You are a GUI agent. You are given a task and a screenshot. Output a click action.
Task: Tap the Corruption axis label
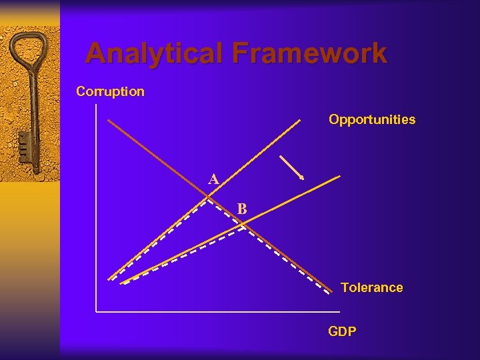point(110,91)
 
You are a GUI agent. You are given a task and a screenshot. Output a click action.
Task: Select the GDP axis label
point(342,331)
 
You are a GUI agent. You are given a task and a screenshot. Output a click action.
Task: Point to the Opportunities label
point(371,120)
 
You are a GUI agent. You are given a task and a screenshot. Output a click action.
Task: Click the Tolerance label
point(371,288)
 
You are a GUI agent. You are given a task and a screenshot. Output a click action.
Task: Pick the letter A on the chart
point(213,179)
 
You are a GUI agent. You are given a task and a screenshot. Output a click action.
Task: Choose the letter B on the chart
point(242,209)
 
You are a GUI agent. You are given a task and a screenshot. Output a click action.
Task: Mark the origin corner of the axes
point(97,311)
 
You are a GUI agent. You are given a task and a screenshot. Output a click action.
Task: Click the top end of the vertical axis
point(97,105)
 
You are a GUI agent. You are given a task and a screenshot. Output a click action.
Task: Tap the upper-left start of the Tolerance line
point(109,121)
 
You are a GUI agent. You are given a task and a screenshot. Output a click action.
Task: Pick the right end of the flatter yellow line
point(340,176)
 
